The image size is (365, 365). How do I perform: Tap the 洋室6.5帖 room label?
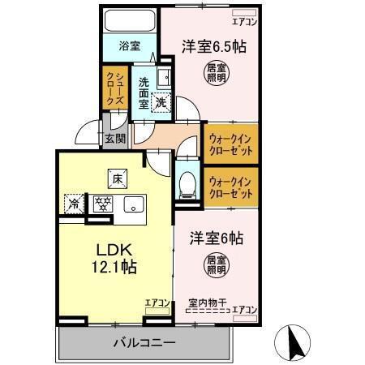coord(214,46)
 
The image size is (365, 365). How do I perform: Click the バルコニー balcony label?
coord(144,342)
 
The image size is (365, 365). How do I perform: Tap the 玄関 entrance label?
coord(114,138)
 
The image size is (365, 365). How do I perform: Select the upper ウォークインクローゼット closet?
coord(230,144)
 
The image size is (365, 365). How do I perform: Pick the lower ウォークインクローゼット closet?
coord(230,187)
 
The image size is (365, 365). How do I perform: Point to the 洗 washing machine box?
coord(161,103)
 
